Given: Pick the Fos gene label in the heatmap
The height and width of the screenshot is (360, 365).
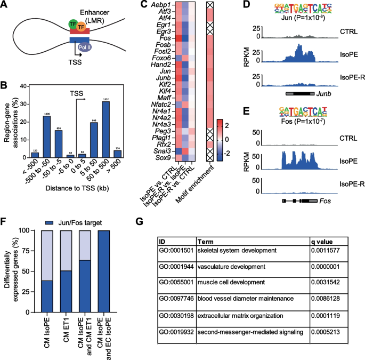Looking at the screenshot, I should (170, 37).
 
